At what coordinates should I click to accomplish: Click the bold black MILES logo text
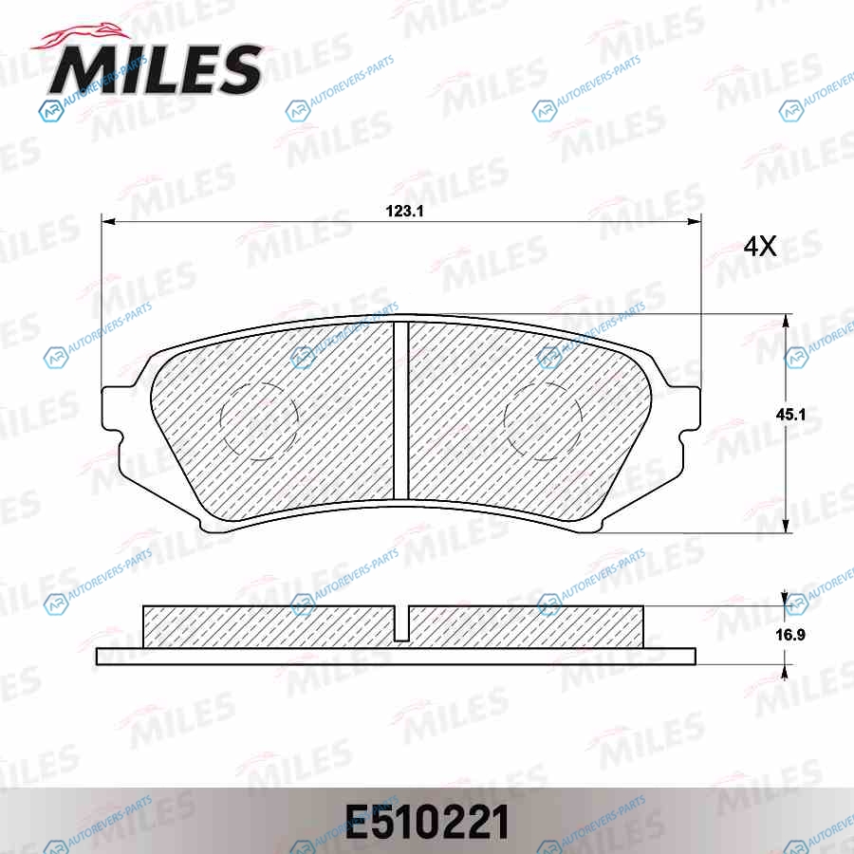(x=157, y=69)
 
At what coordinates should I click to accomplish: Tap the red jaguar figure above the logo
(x=82, y=37)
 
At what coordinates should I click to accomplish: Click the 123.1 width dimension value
(x=404, y=212)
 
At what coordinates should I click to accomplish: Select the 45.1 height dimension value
(x=790, y=415)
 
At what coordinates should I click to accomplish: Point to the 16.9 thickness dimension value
(x=790, y=635)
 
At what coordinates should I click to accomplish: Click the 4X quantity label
(x=760, y=247)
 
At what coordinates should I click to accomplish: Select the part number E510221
(x=427, y=823)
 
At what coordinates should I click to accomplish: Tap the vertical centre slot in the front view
(x=400, y=410)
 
